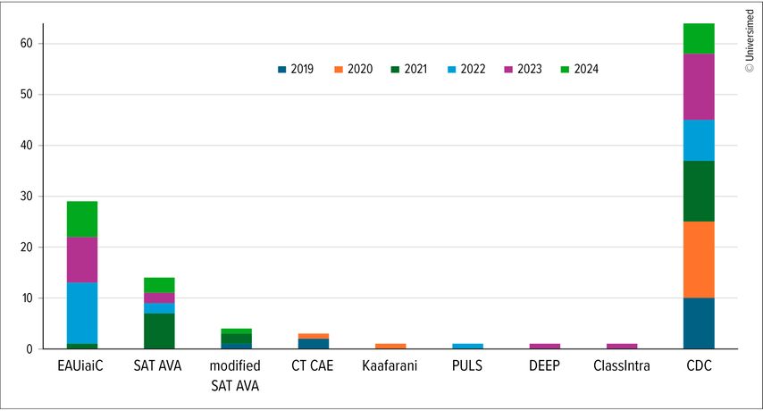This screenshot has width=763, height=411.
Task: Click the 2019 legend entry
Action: click(296, 69)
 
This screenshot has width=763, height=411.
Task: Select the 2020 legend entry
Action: click(353, 69)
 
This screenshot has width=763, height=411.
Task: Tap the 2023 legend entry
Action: click(523, 69)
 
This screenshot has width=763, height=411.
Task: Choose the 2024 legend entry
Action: click(579, 69)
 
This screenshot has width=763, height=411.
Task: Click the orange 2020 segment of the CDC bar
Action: click(699, 259)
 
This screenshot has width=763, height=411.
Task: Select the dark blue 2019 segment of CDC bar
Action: click(699, 323)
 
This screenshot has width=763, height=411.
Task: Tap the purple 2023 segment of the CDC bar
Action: click(699, 87)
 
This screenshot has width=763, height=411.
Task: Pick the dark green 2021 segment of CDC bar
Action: click(699, 191)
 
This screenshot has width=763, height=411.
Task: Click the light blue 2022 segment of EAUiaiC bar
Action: click(81, 313)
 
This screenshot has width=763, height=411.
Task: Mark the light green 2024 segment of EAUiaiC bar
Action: click(81, 219)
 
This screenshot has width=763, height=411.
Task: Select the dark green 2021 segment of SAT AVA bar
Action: click(158, 331)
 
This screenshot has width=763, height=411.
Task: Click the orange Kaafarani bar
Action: click(390, 346)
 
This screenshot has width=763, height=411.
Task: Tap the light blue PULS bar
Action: click(467, 346)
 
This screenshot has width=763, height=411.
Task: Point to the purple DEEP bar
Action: click(545, 346)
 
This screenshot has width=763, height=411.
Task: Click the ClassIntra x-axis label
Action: click(622, 366)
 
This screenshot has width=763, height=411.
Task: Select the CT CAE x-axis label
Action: click(313, 366)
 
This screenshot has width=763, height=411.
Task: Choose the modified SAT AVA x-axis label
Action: click(236, 375)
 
